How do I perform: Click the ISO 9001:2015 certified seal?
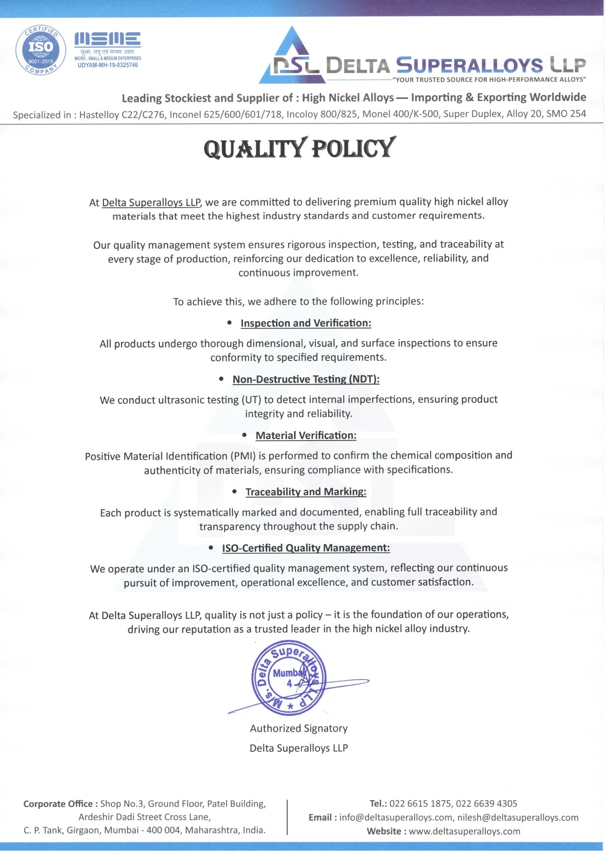40,49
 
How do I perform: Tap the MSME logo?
107,40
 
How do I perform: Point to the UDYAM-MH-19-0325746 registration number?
108,65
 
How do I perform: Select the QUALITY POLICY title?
299,148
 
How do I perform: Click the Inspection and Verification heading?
305,323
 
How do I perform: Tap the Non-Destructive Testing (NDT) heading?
306,379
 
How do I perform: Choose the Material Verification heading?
305,436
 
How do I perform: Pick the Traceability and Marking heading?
305,492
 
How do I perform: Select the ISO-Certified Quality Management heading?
306,548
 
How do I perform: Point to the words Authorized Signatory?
299,729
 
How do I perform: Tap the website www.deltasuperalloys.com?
464,831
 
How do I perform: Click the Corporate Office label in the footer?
58,804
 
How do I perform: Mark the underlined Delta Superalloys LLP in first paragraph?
151,202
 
